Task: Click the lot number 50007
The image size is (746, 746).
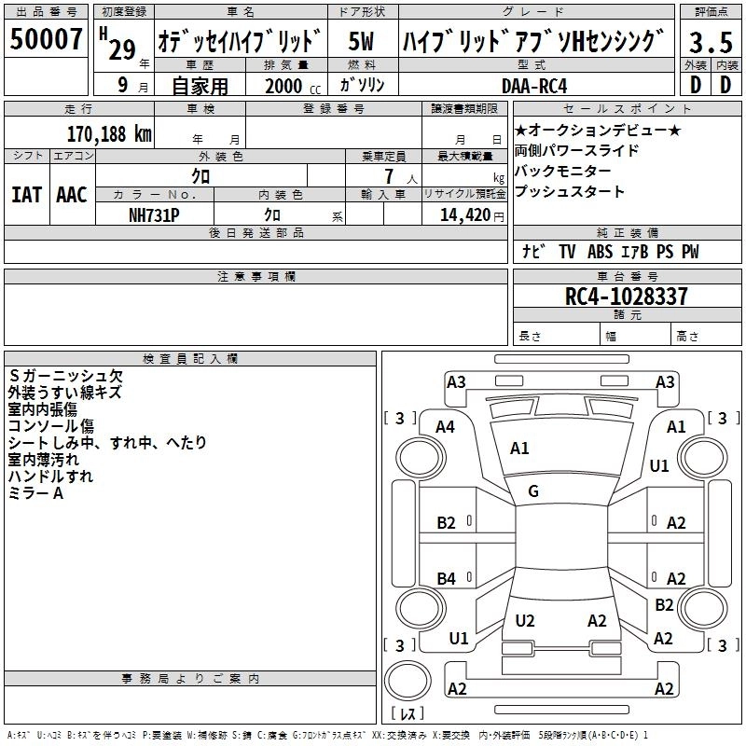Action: (47, 40)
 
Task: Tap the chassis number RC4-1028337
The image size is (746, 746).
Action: (627, 297)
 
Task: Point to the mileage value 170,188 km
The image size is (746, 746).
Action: (109, 133)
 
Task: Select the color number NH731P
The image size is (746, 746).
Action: (154, 214)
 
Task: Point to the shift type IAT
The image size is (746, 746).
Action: (26, 195)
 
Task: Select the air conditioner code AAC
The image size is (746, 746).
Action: (71, 195)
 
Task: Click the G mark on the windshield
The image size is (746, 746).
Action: (533, 490)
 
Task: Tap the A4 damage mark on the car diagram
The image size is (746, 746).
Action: (446, 426)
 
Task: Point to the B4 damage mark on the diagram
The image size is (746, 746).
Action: (447, 579)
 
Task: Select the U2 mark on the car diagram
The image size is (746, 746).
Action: (525, 620)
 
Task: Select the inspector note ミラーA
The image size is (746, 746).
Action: (35, 493)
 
